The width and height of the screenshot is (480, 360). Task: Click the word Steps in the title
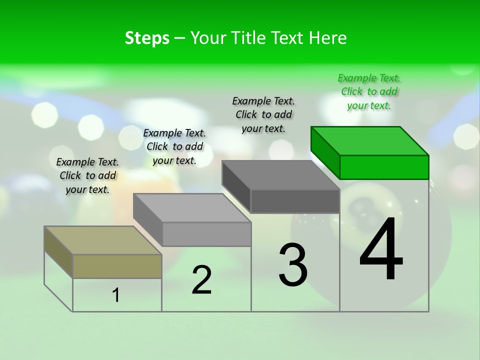(147, 38)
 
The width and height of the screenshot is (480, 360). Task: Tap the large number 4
(381, 249)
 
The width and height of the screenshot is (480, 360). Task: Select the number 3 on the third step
(293, 264)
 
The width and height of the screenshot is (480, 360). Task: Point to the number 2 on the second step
(201, 279)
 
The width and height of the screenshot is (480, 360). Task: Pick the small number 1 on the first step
(116, 295)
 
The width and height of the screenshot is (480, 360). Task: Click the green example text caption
(369, 91)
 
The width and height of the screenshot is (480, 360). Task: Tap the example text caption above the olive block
(87, 175)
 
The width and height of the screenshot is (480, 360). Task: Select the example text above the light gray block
(174, 146)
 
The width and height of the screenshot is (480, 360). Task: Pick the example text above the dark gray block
(263, 114)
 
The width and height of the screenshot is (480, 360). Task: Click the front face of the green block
(384, 167)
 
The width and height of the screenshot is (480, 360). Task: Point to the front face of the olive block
(117, 266)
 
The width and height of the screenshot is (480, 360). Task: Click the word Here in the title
(327, 38)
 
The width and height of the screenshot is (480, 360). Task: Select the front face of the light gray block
(206, 234)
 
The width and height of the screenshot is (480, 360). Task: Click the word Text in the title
(287, 38)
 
